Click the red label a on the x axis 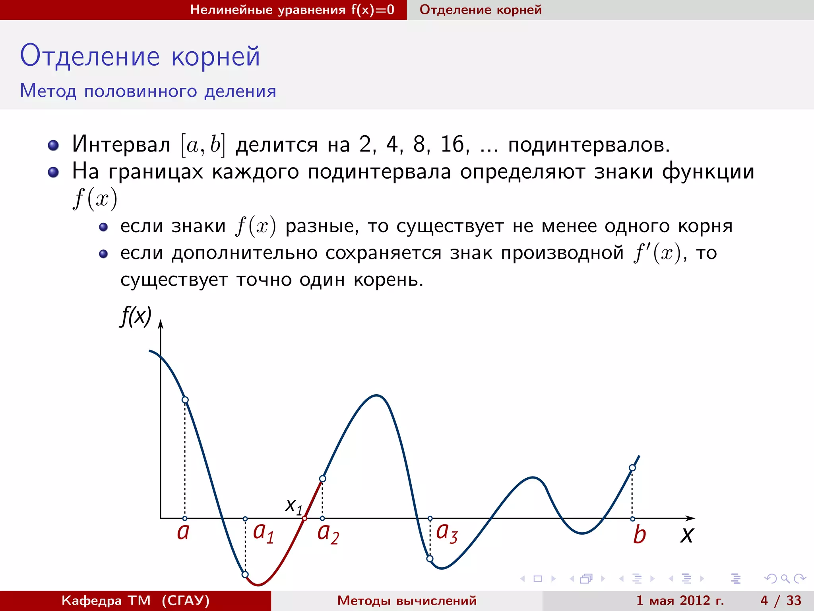pos(183,532)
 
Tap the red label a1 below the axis pos(263,533)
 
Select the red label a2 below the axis pos(328,534)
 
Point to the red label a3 pos(447,533)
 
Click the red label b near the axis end pos(639,535)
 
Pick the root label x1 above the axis pos(294,506)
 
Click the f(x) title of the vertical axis pos(136,316)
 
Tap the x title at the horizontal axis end pos(686,535)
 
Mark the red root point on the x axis pos(304,518)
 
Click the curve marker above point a pos(185,400)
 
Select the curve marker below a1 pos(245,574)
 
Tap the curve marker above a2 pos(323,479)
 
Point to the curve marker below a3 pos(430,559)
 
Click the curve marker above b pos(632,468)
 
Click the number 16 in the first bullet pos(452,144)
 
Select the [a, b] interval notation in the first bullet pos(203,145)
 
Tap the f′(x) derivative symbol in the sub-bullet pos(657,253)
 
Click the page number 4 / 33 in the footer pos(781,600)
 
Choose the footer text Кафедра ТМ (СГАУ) pos(135,600)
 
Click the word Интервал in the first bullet pos(121,144)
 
